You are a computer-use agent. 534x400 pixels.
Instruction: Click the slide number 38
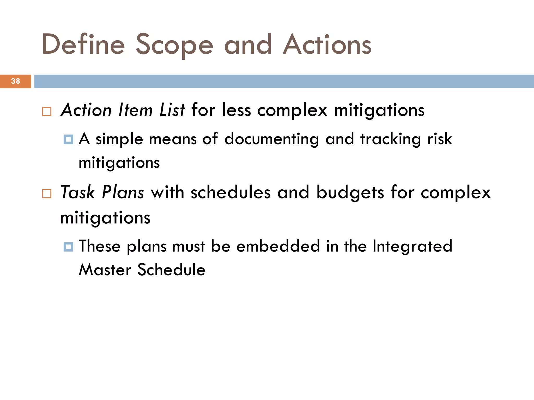[x=15, y=81]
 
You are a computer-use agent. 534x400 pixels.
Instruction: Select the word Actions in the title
[x=327, y=45]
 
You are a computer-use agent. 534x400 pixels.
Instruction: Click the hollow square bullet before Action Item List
[x=47, y=111]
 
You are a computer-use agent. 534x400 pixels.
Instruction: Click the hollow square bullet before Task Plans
[x=47, y=194]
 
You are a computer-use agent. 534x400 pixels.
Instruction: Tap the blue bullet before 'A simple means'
[x=68, y=139]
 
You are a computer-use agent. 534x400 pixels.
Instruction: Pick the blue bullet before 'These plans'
[x=68, y=246]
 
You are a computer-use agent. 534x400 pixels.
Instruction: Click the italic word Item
[x=135, y=110]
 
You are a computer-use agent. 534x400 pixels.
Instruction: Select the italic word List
[x=172, y=110]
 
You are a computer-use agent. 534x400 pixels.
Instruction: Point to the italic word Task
[x=77, y=192]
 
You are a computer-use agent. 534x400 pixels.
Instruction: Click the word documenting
[x=271, y=139]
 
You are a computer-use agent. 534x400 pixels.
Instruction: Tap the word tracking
[x=390, y=139]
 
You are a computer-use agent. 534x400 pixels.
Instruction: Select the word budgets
[x=350, y=193]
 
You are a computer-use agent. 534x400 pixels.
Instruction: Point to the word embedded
[x=278, y=246]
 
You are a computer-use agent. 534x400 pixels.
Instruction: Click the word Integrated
[x=412, y=247]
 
